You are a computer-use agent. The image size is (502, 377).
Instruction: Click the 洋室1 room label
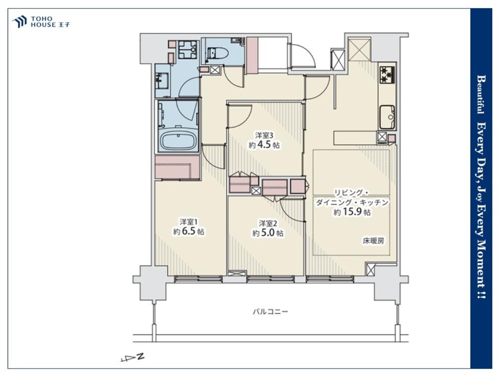coord(189,222)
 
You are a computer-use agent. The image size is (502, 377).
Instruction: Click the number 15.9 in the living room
coord(352,212)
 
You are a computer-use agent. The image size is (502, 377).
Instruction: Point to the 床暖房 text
coord(373,241)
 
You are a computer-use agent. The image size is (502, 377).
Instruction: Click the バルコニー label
coord(271,311)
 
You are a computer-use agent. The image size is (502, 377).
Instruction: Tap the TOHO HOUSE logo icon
coord(19,22)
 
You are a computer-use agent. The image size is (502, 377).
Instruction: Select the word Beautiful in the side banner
coord(480,95)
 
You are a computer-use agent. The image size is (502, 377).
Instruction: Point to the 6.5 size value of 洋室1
coord(189,231)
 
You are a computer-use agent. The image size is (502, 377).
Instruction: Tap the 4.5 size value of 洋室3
coord(265,145)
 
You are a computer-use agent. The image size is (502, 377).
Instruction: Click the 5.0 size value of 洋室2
coord(268,233)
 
